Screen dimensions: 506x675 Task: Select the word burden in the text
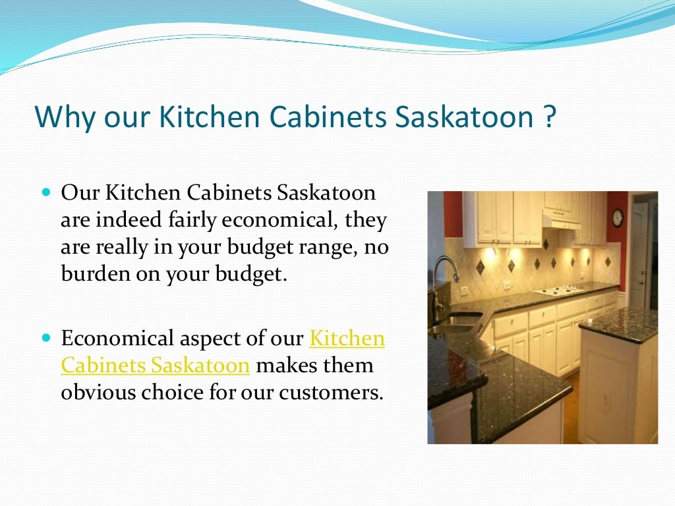click(92, 273)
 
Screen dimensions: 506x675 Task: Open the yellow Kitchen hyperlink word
click(347, 339)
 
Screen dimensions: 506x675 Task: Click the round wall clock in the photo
click(617, 217)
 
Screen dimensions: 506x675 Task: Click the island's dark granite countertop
click(619, 323)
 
